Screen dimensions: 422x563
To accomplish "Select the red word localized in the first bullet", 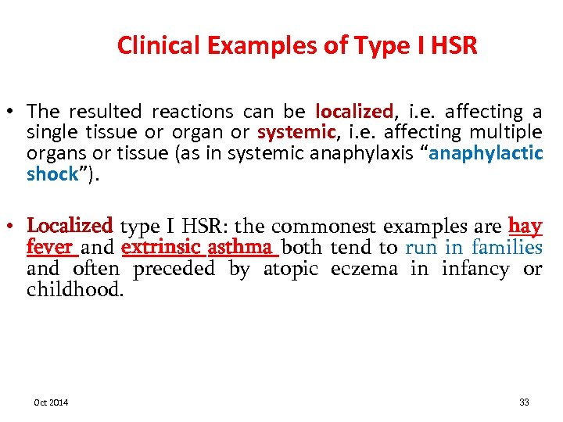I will [353, 113].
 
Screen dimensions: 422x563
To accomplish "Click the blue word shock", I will [52, 173].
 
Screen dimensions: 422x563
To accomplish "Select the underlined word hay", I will [525, 226].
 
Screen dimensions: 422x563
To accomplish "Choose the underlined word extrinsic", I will [160, 248].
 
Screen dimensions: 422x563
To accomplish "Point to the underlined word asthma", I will [242, 248].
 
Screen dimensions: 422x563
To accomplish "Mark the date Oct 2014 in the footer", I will [51, 402].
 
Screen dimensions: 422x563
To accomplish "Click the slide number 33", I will [524, 402].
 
